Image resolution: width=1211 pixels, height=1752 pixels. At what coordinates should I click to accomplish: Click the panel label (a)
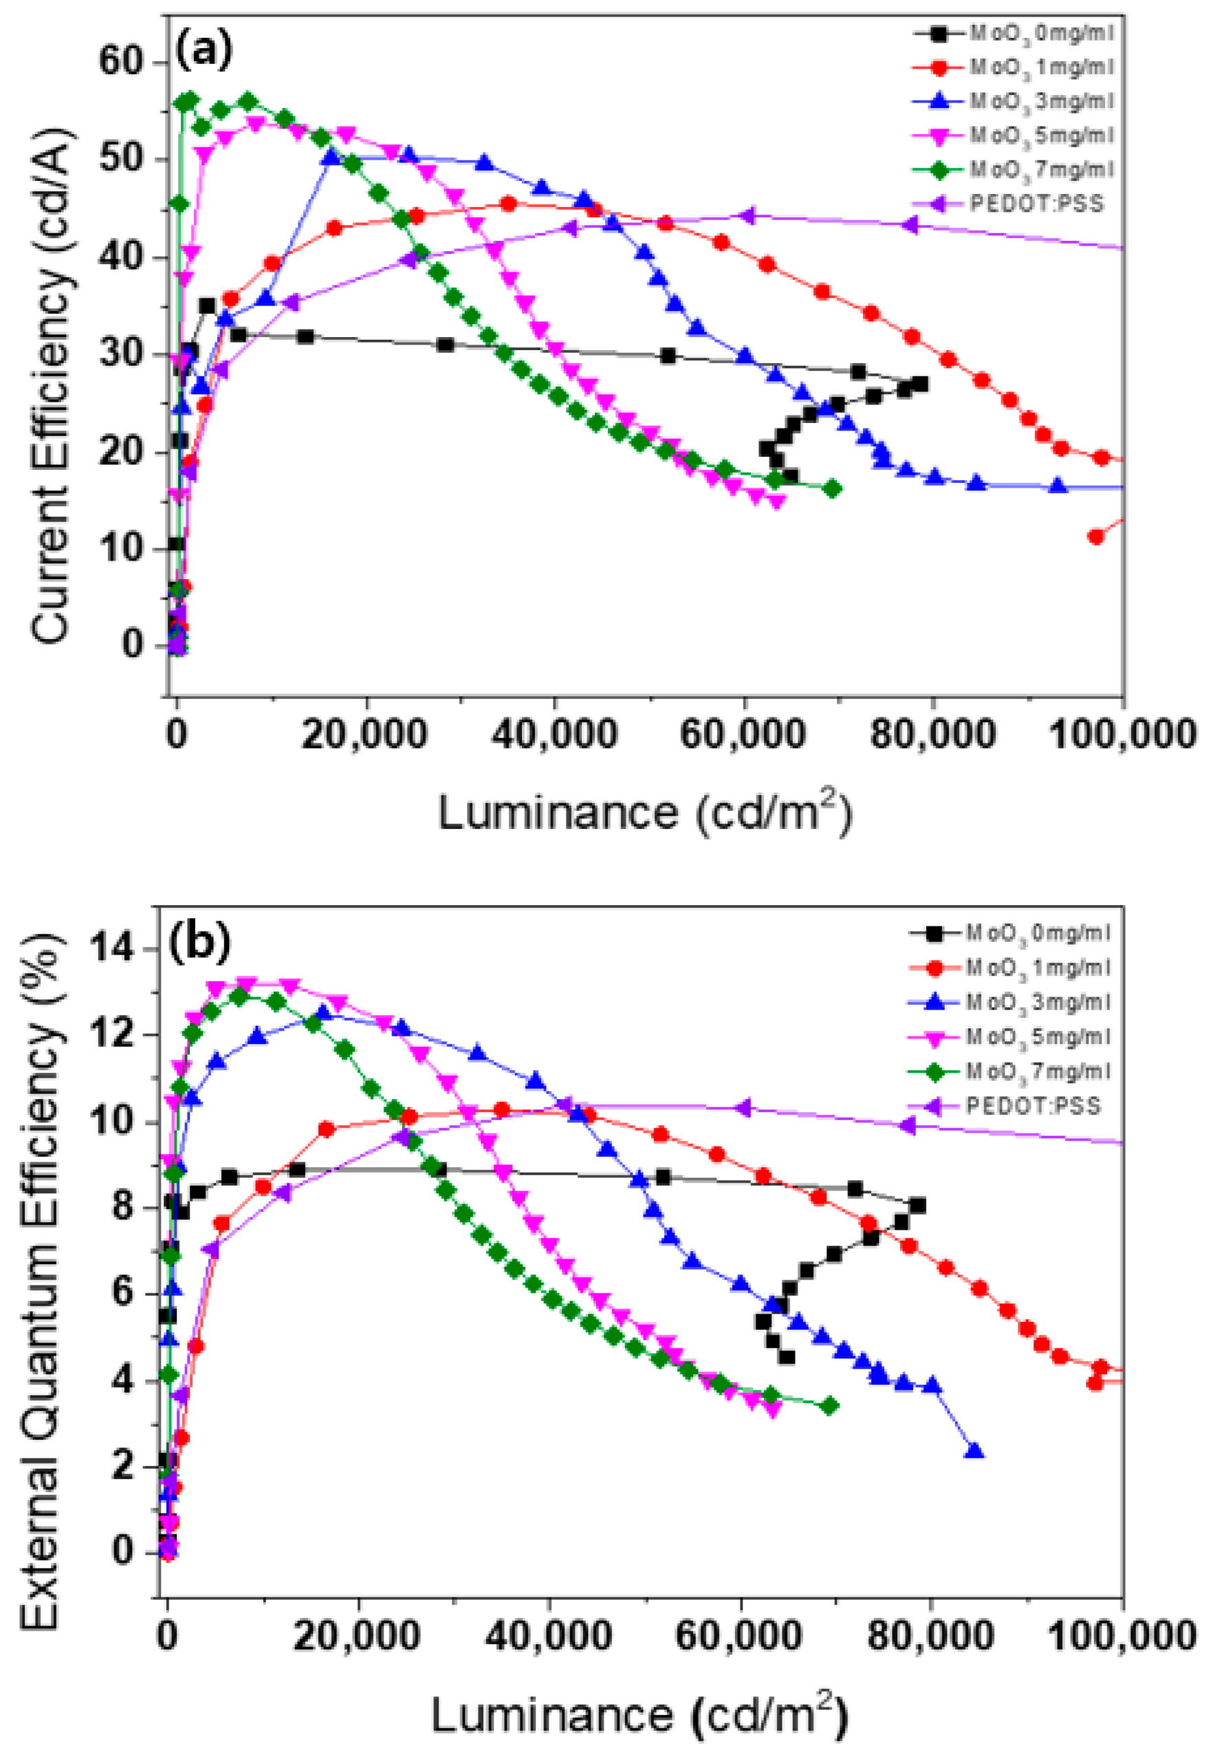pyautogui.click(x=203, y=51)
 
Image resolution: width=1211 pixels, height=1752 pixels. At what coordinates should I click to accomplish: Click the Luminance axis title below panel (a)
pyautogui.click(x=645, y=812)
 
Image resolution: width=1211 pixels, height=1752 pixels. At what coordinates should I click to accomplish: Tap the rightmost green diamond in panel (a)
pyautogui.click(x=832, y=488)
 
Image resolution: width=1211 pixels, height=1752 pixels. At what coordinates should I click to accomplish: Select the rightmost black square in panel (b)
pyautogui.click(x=917, y=1206)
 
